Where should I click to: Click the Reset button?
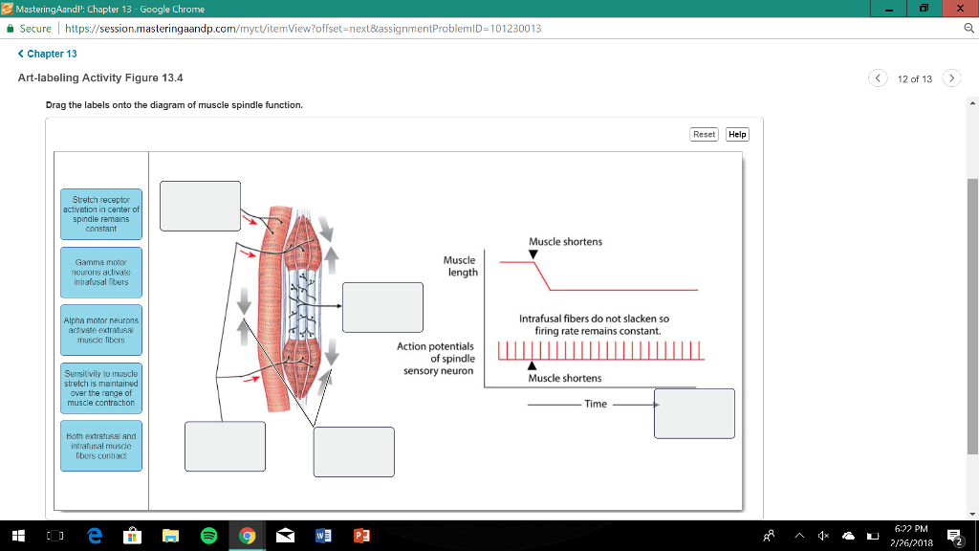(x=704, y=134)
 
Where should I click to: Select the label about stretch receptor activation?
(x=100, y=214)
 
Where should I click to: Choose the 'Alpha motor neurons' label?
(x=100, y=329)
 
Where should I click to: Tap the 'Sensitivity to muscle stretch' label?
(x=100, y=386)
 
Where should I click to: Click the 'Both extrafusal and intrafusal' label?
(x=100, y=446)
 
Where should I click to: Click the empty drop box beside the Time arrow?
(x=694, y=413)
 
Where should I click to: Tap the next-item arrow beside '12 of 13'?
(x=951, y=78)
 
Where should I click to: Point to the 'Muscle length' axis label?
(x=461, y=266)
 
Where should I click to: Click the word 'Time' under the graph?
(x=596, y=404)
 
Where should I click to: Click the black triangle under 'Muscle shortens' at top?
(x=533, y=253)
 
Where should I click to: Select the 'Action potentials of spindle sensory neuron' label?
(x=436, y=358)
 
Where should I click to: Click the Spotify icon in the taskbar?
(x=208, y=536)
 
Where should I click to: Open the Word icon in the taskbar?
(x=323, y=536)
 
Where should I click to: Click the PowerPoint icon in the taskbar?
(x=361, y=536)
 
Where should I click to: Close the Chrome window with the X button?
(x=958, y=9)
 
